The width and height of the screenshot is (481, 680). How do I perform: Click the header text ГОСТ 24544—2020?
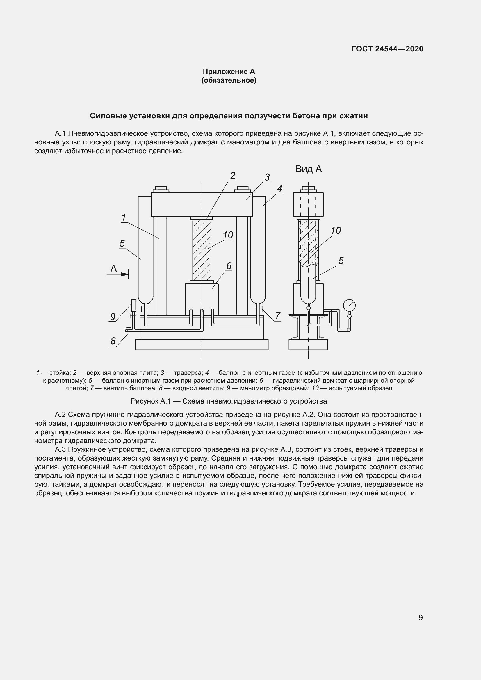387,49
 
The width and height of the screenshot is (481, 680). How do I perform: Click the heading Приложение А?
229,72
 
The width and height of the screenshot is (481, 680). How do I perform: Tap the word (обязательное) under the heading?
229,80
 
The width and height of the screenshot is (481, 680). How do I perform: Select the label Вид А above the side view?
308,169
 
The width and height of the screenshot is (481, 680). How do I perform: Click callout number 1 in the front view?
124,217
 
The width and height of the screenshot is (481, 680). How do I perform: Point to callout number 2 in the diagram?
233,175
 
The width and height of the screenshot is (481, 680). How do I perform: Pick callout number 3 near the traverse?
267,177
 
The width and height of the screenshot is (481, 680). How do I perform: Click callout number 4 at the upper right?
279,189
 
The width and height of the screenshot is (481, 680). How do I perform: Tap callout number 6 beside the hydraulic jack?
229,266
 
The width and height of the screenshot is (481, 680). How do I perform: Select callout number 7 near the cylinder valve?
277,316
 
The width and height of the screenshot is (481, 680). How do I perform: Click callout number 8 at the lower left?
113,341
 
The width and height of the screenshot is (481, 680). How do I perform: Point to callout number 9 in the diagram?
113,317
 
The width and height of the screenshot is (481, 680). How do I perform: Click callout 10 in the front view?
228,235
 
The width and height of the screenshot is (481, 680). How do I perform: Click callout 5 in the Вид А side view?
341,261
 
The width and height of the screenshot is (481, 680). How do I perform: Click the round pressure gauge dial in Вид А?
349,305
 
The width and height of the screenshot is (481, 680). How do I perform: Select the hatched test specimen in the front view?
202,250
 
